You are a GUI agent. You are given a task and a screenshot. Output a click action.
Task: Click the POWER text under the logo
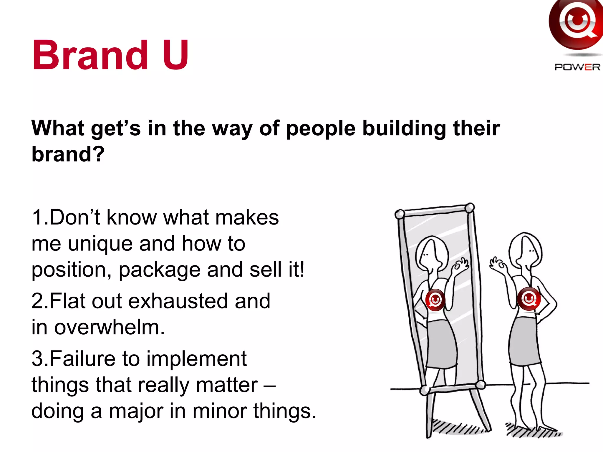click(577, 67)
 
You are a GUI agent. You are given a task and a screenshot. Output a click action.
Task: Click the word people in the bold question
click(321, 129)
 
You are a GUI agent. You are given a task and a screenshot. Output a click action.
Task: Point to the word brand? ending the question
click(68, 154)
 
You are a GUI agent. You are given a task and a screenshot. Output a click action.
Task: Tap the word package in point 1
click(159, 270)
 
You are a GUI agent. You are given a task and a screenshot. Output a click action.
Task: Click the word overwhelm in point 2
click(109, 327)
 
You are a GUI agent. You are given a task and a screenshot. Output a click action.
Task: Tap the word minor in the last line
click(220, 411)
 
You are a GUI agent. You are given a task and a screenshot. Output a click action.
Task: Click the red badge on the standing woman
click(529, 299)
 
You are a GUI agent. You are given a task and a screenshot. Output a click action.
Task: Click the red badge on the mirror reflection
click(435, 300)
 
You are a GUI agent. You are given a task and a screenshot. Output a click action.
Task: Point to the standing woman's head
click(526, 250)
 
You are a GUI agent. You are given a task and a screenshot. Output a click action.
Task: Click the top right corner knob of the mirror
click(470, 207)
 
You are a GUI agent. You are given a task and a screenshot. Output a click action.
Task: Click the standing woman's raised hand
click(498, 264)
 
